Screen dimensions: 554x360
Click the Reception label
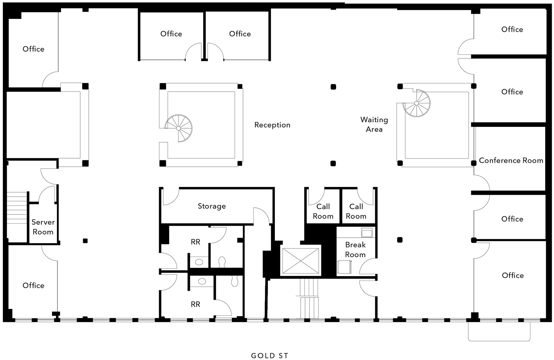point(272,125)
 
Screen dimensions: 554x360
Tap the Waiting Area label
point(374,125)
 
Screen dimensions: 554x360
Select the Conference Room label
point(511,160)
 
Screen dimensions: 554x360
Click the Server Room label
point(43,227)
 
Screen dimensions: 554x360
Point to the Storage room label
point(212,206)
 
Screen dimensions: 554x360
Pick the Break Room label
point(355,249)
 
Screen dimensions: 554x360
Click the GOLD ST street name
point(270,356)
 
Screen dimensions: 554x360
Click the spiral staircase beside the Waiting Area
point(417,103)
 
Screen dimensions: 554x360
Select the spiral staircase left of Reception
point(178,128)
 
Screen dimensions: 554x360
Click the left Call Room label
point(323,211)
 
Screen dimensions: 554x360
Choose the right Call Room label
point(356,211)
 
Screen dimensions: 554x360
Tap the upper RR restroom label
point(195,242)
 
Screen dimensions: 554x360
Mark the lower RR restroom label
point(195,304)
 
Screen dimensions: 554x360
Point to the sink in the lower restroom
point(202,281)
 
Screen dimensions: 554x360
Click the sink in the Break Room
point(367,232)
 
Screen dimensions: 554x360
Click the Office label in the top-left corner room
point(33,49)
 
